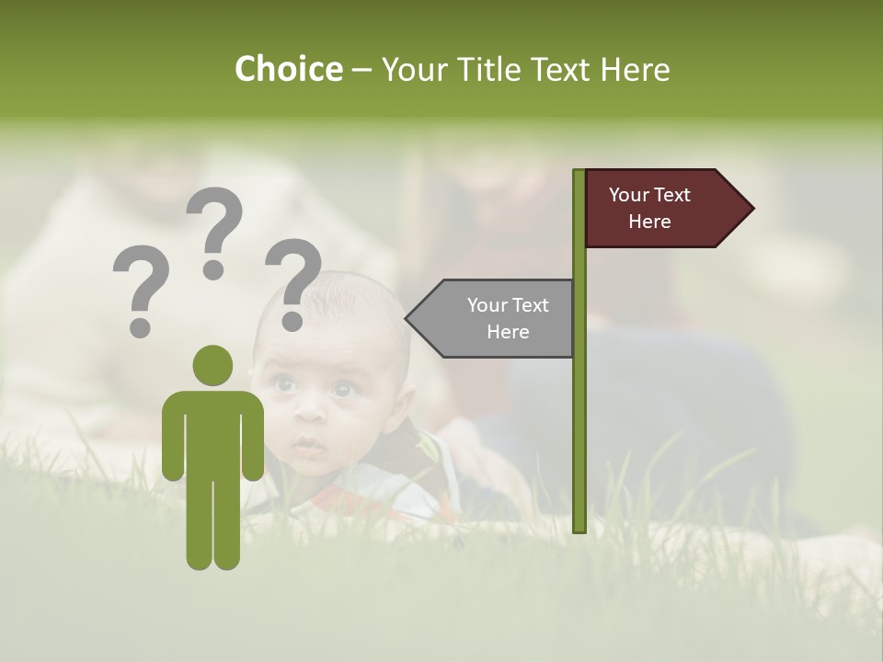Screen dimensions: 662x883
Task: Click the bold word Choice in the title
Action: [x=288, y=70]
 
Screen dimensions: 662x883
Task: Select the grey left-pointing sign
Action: [x=497, y=318]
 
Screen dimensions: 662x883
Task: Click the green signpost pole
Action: [x=579, y=414]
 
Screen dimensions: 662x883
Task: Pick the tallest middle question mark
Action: [x=214, y=230]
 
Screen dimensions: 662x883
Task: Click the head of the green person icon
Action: [x=212, y=365]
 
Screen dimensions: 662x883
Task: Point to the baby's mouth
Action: [x=310, y=447]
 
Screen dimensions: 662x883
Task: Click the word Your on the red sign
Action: [x=630, y=195]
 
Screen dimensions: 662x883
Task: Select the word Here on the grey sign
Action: [x=508, y=332]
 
